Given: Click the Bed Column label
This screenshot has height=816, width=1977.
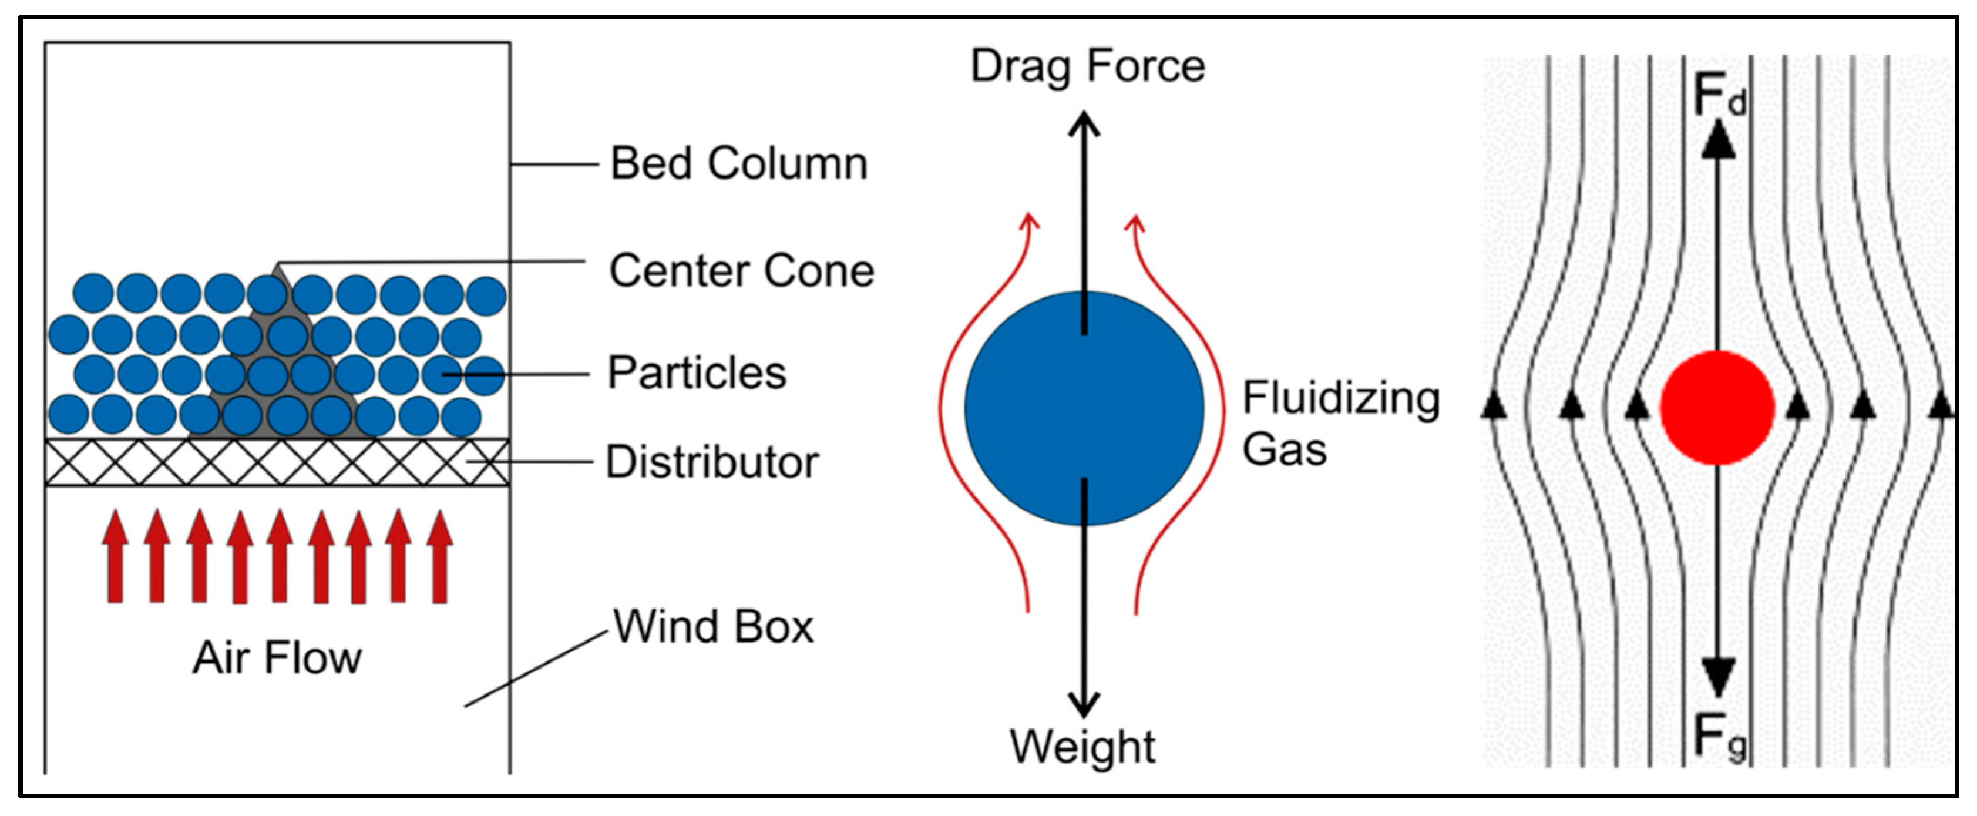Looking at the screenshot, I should (x=738, y=163).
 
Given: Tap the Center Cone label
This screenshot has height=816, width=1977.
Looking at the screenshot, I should (x=741, y=270).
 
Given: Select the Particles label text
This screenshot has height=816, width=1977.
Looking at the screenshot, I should (x=697, y=373).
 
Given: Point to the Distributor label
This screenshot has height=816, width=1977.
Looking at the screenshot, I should (x=712, y=462).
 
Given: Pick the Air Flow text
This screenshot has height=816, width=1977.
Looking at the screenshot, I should (x=277, y=658).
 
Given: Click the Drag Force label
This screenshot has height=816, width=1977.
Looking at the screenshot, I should (x=1088, y=66).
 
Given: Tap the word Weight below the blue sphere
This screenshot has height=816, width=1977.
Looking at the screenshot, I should (x=1082, y=746).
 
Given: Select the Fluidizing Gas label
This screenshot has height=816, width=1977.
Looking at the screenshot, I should (x=1340, y=423).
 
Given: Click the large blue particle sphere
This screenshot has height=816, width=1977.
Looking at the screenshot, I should (x=1084, y=408).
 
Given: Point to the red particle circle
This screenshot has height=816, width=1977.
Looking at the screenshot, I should (x=1717, y=408).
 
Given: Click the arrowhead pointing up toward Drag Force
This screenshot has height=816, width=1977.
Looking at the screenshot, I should (x=1084, y=123).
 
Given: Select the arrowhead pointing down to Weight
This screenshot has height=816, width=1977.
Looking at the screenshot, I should (x=1084, y=705).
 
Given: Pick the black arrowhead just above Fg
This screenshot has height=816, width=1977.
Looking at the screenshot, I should (x=1719, y=676).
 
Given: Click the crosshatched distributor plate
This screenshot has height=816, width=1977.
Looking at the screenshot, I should (x=276, y=462).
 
